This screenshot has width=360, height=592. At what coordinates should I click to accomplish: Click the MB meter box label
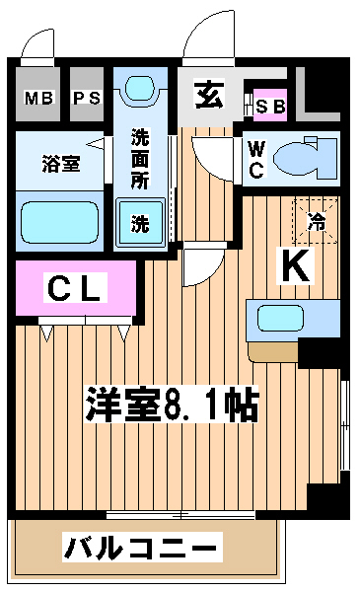tap(38, 98)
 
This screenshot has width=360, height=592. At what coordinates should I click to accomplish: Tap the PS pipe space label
tap(87, 98)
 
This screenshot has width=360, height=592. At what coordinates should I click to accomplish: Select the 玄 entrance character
tap(209, 95)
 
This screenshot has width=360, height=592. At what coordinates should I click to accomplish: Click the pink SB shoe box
tap(270, 106)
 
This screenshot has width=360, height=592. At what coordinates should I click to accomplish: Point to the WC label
tap(256, 159)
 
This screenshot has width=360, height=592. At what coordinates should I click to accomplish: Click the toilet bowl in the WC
tap(305, 159)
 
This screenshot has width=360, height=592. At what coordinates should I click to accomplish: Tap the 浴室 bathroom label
tap(61, 164)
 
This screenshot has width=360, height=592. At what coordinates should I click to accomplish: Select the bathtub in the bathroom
tap(59, 223)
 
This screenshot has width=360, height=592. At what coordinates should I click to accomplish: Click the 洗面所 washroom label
tap(140, 159)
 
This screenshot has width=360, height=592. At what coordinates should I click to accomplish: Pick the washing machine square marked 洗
tap(140, 222)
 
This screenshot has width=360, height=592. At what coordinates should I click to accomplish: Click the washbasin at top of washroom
tap(140, 90)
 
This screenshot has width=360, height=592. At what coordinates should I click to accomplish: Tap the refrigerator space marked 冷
tap(316, 221)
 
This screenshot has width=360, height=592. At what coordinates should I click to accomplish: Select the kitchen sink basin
tap(280, 318)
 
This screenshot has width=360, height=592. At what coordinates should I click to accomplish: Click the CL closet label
tap(75, 288)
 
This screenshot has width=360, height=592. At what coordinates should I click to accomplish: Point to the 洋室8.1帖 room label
tap(172, 404)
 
